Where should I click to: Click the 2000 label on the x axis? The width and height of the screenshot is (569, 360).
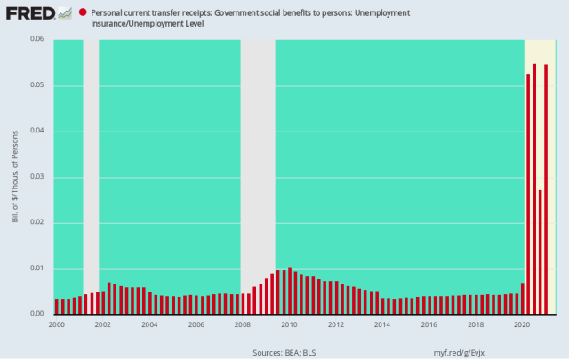(x=56, y=324)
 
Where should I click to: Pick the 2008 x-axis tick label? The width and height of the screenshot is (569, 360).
(x=242, y=324)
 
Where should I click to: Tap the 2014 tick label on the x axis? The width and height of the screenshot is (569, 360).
(x=381, y=324)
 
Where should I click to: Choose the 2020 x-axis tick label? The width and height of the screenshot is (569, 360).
(x=521, y=324)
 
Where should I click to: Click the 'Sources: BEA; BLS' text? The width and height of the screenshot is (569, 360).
(x=283, y=351)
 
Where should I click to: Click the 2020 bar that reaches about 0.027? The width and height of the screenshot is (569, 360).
(x=541, y=252)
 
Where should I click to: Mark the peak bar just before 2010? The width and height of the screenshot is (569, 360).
(x=290, y=291)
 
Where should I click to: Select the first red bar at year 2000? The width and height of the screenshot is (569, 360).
(x=57, y=307)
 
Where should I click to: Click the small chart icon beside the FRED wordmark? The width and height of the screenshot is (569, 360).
(x=65, y=13)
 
